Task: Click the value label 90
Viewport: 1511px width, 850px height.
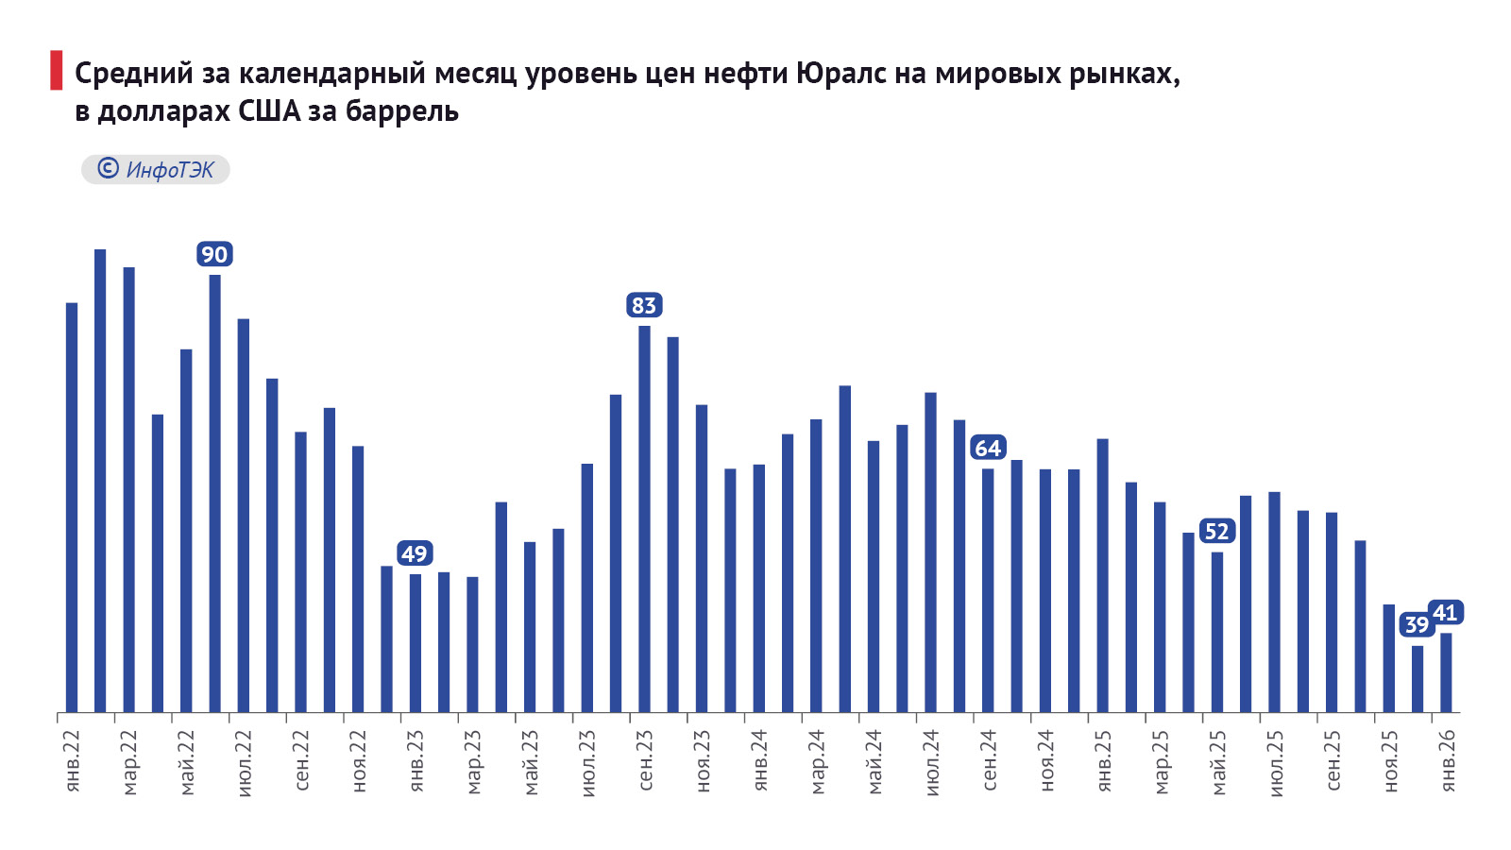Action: point(214,254)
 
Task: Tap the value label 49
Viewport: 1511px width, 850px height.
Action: point(414,553)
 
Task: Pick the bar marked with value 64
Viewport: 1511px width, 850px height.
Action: point(988,589)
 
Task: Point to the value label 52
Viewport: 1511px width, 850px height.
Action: point(1216,532)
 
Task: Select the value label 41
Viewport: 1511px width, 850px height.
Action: point(1445,613)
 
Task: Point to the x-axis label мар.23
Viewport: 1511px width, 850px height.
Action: point(473,761)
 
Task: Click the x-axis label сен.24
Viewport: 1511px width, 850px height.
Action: point(989,761)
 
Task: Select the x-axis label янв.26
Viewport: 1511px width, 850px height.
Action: point(1447,761)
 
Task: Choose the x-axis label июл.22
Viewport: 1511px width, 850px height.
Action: point(244,761)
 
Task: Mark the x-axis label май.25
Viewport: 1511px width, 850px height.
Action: point(1217,761)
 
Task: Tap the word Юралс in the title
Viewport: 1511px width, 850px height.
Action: point(840,73)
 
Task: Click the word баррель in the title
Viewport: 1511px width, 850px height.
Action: point(402,111)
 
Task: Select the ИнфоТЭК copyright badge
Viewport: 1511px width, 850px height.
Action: point(156,170)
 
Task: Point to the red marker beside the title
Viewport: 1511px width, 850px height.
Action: point(56,71)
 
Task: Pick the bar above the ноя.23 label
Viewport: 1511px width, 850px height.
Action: point(702,557)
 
